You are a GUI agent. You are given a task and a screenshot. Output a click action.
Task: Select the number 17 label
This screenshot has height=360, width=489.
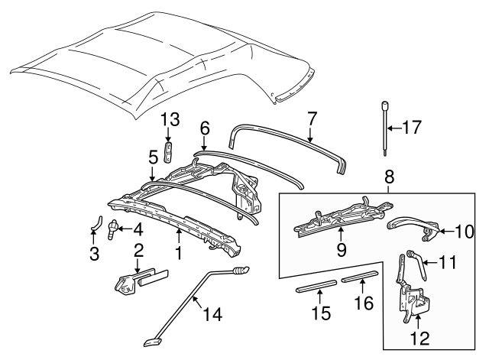tap(410, 128)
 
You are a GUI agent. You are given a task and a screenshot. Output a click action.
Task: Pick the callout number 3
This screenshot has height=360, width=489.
tap(95, 254)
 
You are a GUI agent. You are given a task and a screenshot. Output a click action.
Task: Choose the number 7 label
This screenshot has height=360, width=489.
tap(311, 119)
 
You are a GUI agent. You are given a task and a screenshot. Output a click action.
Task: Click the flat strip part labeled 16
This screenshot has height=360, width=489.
tap(359, 277)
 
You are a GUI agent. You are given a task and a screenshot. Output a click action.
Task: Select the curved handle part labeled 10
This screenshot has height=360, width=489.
tap(411, 225)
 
